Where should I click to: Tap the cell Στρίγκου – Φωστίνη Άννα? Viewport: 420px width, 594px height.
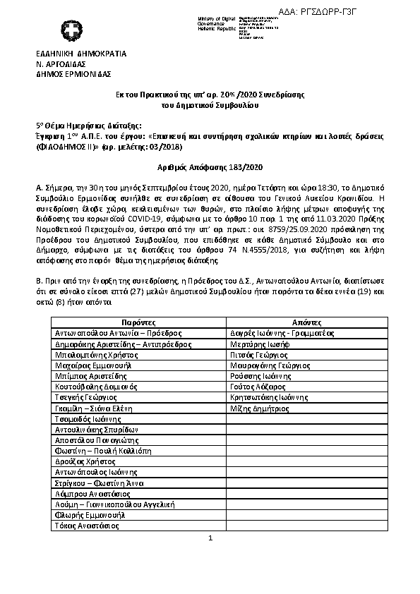tap(100, 483)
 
